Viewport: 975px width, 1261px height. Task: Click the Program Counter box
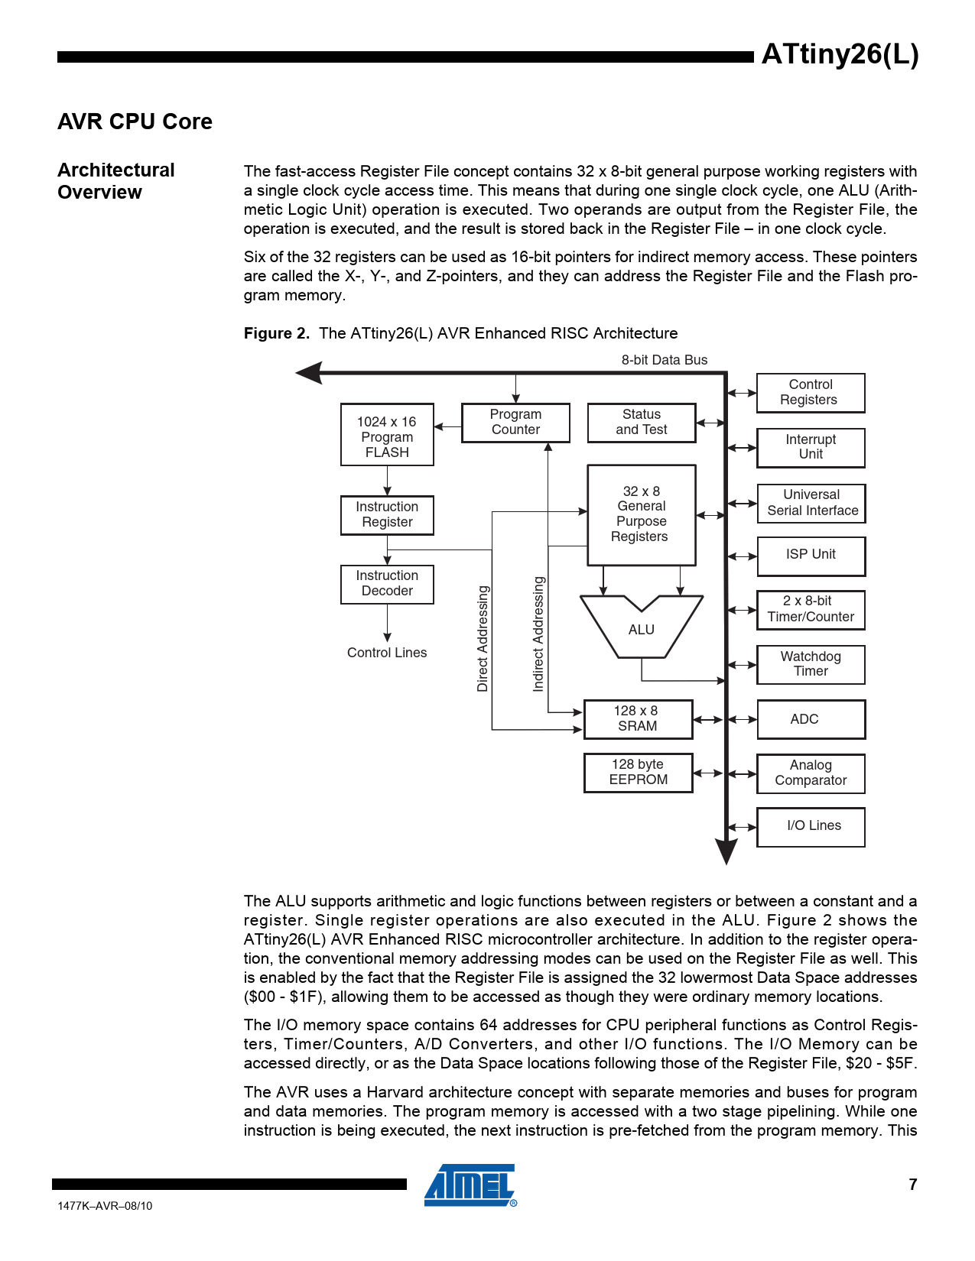515,423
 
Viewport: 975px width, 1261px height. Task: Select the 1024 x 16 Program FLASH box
387,435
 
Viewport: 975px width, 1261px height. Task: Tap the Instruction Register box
387,515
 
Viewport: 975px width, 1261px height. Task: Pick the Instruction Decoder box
387,584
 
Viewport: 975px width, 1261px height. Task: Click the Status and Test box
642,423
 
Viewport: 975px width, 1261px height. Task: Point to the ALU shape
642,629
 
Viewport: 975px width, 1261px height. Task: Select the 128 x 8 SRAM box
638,719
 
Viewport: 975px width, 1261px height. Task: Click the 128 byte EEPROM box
638,773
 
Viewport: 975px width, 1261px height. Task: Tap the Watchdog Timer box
811,664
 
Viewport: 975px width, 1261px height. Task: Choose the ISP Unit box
811,556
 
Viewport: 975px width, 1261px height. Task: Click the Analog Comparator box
811,773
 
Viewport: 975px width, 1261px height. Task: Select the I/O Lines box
811,827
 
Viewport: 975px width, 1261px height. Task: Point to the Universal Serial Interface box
811,503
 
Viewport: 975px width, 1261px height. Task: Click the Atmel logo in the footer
470,1185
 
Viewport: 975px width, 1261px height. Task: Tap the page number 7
912,1185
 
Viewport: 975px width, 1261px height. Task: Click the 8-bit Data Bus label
664,360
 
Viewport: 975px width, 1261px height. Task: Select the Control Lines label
387,653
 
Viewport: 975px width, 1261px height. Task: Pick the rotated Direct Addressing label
483,639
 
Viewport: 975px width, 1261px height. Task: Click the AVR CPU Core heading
135,122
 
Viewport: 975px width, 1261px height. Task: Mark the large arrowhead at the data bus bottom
726,851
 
